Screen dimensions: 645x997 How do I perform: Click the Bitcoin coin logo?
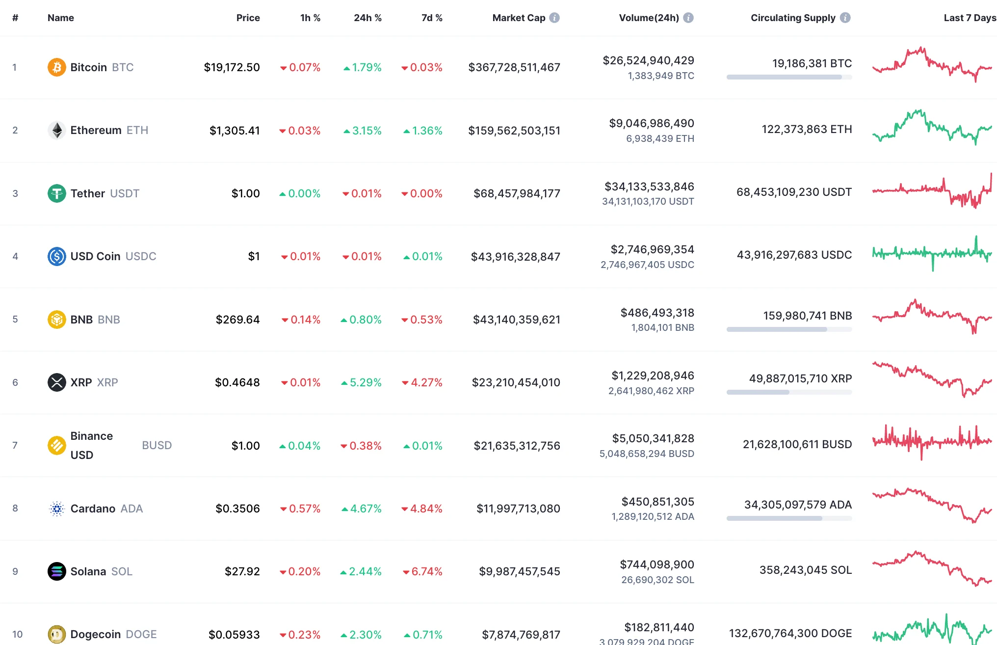[56, 67]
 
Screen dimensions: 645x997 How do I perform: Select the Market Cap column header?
[519, 18]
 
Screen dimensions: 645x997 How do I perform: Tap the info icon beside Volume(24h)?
[688, 18]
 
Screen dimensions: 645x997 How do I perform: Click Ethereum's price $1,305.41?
[235, 131]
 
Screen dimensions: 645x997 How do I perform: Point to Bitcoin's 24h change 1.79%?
[363, 67]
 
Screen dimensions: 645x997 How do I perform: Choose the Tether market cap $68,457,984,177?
[517, 193]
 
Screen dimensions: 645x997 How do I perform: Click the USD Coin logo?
[56, 256]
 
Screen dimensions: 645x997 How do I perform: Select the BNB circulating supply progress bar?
[789, 329]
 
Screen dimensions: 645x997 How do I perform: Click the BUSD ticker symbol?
[157, 445]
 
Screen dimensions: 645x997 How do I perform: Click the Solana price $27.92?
[242, 571]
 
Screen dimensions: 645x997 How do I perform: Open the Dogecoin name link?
[96, 634]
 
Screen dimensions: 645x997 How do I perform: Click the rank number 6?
[15, 382]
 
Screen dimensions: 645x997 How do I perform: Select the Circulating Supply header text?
[793, 18]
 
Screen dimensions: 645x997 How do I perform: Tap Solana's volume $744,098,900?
[657, 564]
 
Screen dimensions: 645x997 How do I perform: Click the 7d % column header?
[432, 18]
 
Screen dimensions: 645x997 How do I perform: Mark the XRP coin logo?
[56, 382]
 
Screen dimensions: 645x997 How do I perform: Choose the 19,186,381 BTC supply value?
[812, 63]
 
